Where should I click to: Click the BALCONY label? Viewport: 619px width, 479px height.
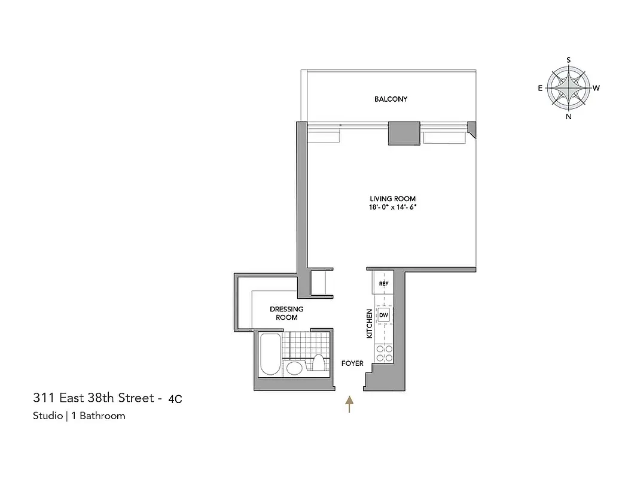click(x=391, y=99)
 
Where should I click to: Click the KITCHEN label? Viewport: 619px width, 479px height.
click(x=369, y=324)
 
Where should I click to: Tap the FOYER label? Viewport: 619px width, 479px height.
click(x=352, y=363)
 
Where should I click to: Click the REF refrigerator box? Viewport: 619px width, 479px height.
click(x=383, y=283)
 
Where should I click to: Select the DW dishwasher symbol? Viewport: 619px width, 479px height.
click(x=383, y=315)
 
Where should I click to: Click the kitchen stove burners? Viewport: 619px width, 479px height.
click(x=383, y=353)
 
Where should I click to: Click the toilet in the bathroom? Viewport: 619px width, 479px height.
click(x=319, y=365)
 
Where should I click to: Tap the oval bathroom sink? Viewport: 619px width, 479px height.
click(x=294, y=367)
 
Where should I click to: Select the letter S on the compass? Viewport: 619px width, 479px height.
click(x=568, y=59)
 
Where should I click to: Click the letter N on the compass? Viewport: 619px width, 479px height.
click(x=568, y=117)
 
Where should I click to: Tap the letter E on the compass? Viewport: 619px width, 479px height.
click(x=540, y=88)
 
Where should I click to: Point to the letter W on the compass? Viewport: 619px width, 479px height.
click(x=596, y=88)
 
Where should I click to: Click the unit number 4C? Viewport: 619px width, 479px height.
click(x=175, y=398)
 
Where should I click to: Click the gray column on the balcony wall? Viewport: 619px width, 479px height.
click(x=404, y=133)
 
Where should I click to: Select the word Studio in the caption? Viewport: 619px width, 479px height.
click(x=47, y=416)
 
